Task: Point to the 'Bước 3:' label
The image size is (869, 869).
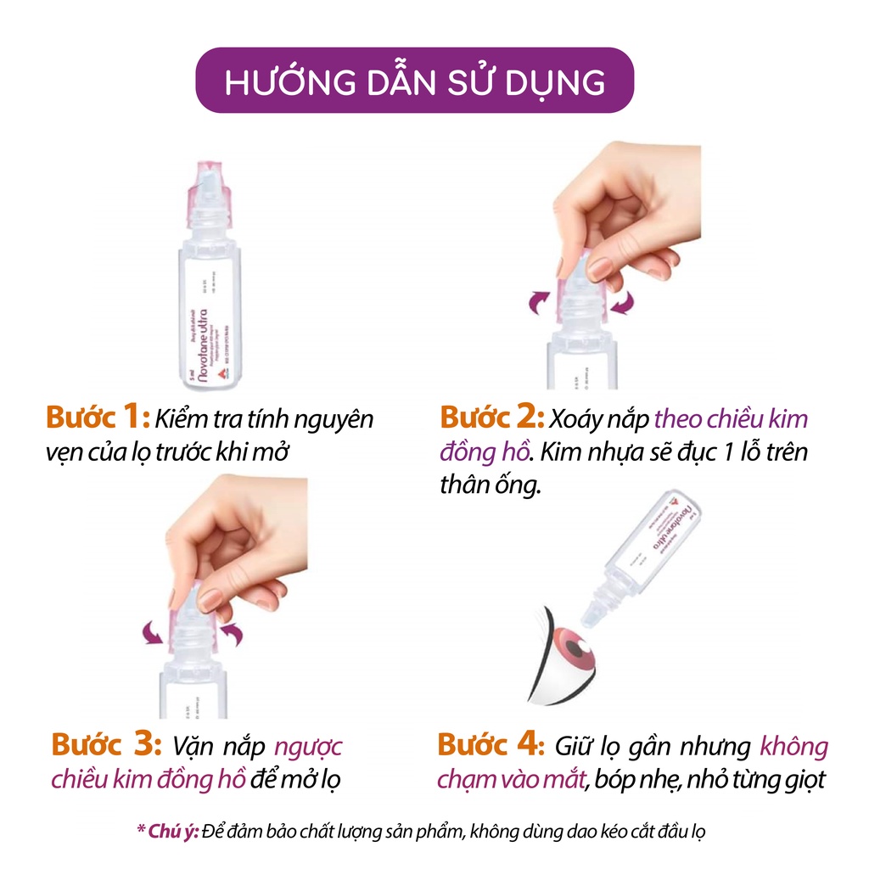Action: [106, 746]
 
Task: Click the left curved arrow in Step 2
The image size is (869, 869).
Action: [541, 300]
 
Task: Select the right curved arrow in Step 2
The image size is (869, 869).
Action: [624, 301]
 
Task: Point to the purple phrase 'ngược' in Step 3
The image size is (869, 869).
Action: [310, 747]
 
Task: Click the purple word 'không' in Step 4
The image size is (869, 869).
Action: [793, 747]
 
